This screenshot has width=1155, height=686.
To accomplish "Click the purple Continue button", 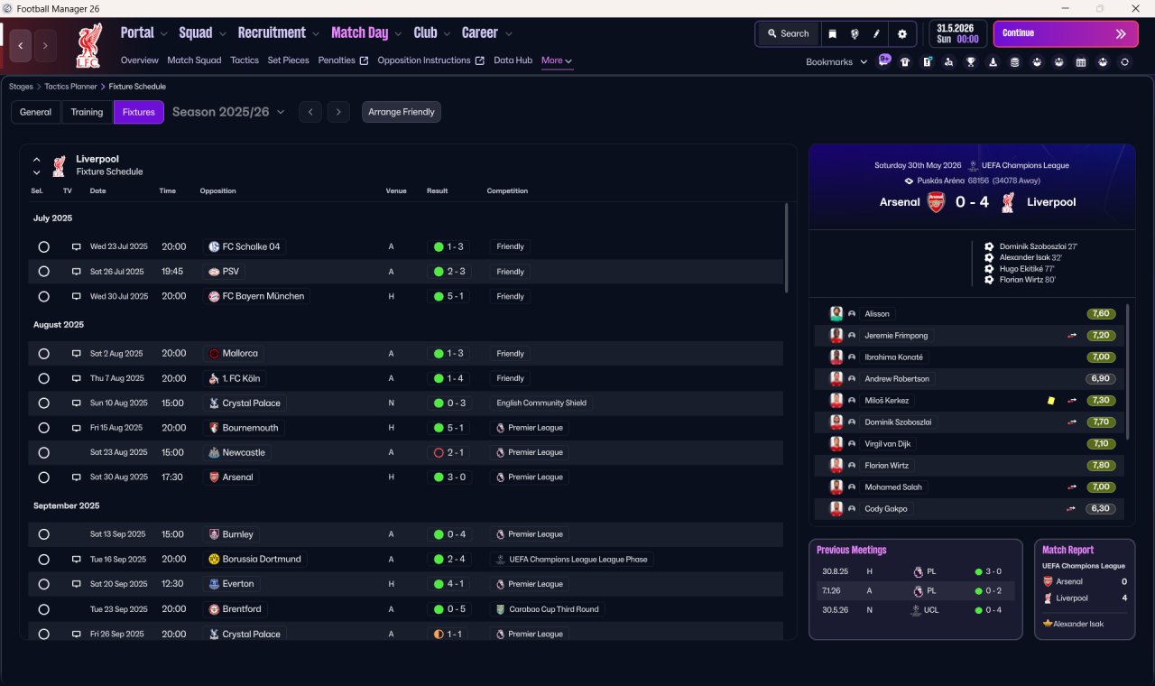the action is [1066, 33].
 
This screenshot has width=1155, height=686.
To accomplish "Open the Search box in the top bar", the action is [789, 33].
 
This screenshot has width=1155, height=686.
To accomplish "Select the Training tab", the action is [87, 112].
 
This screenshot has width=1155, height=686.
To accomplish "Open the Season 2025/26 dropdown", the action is [228, 112].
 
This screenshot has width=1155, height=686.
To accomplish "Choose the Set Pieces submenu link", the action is [288, 60].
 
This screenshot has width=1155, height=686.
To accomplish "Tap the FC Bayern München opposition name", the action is [263, 296].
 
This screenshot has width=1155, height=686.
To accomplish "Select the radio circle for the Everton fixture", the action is [44, 584].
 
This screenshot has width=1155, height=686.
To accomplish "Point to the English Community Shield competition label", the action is [541, 403].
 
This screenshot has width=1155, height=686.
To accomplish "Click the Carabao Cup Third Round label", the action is [554, 609].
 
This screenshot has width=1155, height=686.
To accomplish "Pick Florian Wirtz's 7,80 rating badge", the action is [1100, 465].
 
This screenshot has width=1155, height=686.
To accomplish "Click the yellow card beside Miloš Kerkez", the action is [1051, 400].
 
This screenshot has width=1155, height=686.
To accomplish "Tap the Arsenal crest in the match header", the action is [936, 202].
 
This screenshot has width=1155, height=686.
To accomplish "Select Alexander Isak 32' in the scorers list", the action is [1030, 257].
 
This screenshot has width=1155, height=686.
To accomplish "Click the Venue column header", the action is [396, 190].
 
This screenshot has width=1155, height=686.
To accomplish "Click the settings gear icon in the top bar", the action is [901, 34].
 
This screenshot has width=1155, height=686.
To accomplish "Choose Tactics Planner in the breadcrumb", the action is [70, 87].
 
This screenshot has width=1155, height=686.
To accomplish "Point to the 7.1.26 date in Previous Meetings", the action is [831, 590].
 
